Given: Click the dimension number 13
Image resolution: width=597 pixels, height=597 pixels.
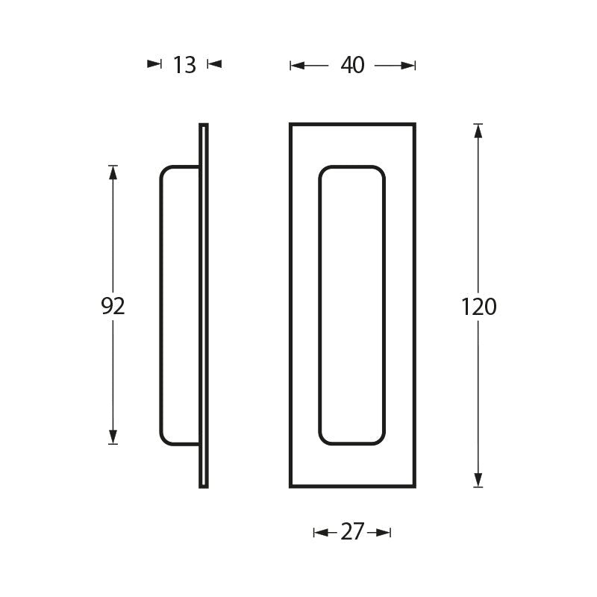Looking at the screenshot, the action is pos(184,65).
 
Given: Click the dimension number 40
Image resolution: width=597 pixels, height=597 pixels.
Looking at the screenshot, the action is pos(352,65).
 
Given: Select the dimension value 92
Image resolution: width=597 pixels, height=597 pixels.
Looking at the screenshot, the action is pos(113,306).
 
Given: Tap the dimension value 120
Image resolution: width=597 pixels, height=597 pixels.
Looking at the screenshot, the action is pos(478,307).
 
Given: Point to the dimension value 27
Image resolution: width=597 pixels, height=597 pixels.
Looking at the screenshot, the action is pos(352,532).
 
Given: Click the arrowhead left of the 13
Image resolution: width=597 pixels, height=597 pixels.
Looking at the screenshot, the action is pos(154,64).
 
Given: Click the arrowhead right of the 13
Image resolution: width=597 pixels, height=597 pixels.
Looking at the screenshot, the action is pos(214,64).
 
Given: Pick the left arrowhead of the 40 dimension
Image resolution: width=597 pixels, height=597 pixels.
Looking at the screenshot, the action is pos(297,66).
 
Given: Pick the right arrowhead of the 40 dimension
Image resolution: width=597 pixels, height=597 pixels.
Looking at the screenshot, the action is pos(407,66).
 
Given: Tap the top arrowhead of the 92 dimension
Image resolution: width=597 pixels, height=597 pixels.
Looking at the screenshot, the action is pos(113,172).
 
